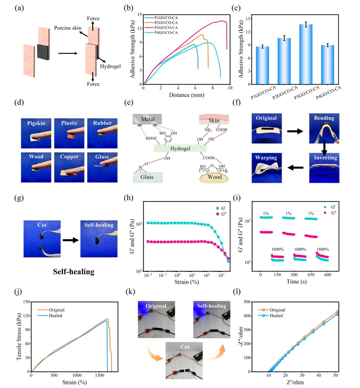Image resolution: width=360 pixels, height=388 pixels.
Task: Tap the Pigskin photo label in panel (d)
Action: point(36,123)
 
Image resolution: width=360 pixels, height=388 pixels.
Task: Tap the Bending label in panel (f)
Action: point(325,118)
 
